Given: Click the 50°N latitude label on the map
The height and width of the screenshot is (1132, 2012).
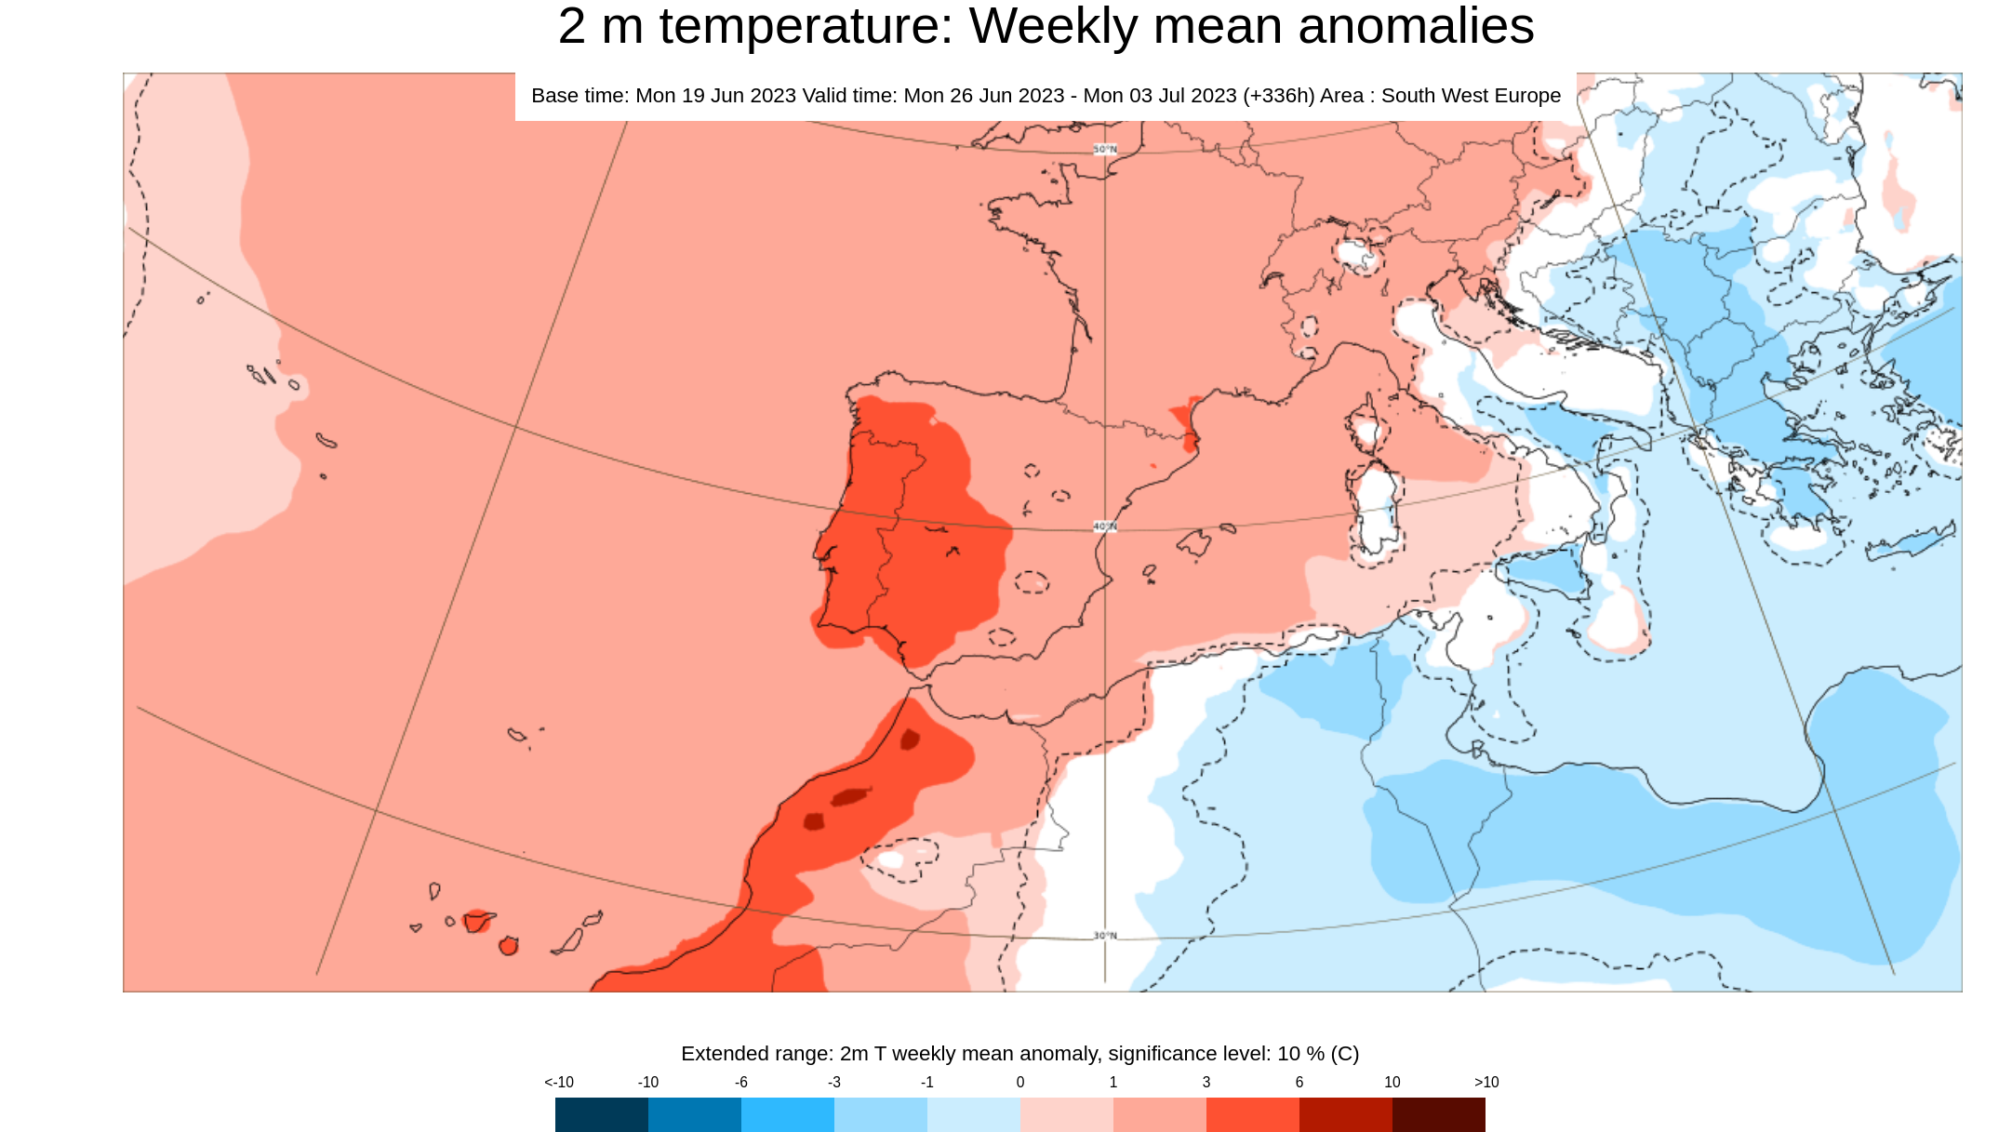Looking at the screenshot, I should pos(1104,150).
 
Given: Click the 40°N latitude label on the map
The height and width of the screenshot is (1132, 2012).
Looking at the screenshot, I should pos(1104,526).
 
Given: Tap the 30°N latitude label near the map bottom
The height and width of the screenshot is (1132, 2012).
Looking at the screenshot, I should pos(1104,936).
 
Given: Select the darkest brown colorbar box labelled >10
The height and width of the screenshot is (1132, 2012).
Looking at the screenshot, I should pos(1438,1114).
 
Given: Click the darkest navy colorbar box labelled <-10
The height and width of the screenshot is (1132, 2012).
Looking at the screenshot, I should pos(601,1114).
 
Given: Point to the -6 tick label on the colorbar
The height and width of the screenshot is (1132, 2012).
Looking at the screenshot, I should pos(740,1082).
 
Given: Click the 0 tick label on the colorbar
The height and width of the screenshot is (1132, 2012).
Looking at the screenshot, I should pos(1019,1082).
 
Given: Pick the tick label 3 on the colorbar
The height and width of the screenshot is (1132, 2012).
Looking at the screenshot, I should pos(1206,1082).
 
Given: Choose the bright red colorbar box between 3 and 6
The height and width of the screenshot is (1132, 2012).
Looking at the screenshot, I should pos(1252,1114).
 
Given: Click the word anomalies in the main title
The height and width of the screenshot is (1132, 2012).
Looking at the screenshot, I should pos(1415,26).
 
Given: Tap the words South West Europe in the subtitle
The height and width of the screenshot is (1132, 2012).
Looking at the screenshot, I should pos(1470,96).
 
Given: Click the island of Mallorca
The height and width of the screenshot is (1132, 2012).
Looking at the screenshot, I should pos(1194,542).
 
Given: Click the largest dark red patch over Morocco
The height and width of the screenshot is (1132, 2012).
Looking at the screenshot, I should pos(848,797).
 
